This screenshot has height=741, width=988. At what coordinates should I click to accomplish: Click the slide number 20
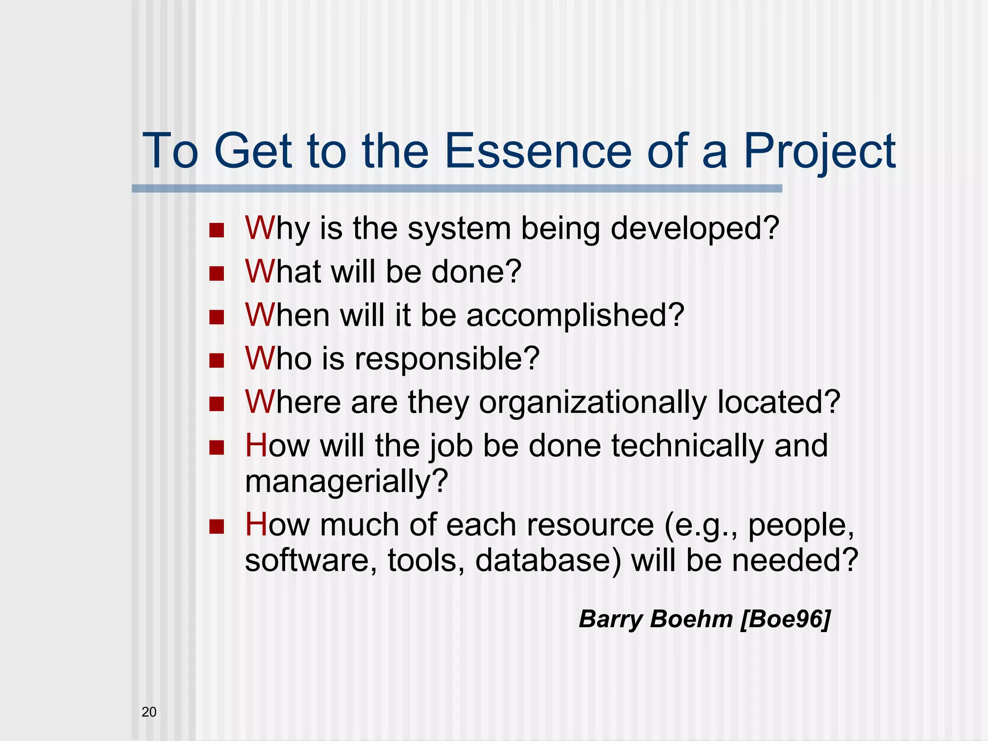coord(149,712)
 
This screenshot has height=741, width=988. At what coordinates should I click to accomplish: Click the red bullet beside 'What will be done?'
coord(217,274)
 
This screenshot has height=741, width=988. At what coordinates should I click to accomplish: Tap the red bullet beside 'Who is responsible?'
coord(217,360)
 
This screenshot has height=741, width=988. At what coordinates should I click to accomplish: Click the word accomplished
coord(575,315)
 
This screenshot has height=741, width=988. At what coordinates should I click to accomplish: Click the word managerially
coord(346,481)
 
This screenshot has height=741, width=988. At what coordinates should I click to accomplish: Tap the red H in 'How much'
coord(256,525)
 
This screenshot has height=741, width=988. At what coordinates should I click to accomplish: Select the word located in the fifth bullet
coord(779,402)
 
